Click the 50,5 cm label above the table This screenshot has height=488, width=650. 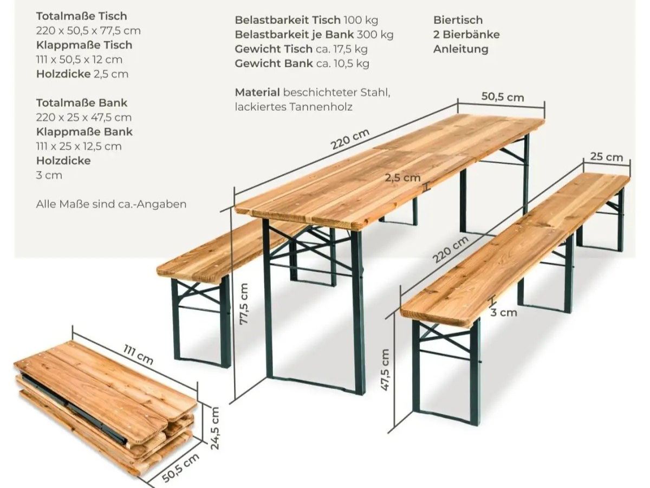coord(503,97)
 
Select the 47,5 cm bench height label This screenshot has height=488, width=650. coord(385,370)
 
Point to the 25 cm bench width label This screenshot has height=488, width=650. coord(606,157)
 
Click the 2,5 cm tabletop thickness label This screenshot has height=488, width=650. coord(403,177)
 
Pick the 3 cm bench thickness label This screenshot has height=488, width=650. coord(504,312)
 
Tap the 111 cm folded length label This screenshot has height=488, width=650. coord(138,355)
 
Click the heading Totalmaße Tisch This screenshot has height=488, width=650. coord(82,16)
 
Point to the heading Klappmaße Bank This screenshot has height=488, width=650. coord(84,132)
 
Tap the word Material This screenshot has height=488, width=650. coord(257,92)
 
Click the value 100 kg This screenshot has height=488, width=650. coord(361,20)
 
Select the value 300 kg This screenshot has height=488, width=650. coord(375,35)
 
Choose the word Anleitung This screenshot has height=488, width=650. coord(461,49)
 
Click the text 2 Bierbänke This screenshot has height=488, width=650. coord(466,35)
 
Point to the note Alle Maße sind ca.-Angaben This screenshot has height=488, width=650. coord(112,204)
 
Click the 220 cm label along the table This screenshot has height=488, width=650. coord(350,139)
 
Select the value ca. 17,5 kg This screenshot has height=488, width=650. coord(342,49)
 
